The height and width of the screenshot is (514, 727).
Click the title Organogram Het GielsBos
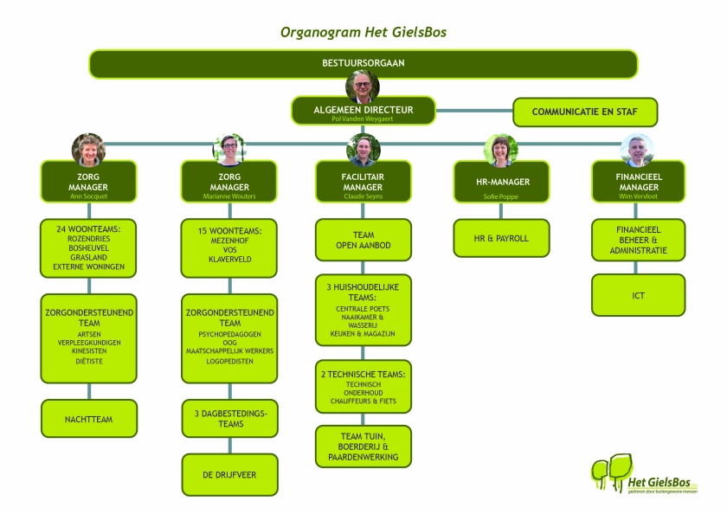click(363, 32)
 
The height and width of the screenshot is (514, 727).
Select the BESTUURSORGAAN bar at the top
click(363, 63)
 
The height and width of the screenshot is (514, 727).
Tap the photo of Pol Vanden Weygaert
click(363, 87)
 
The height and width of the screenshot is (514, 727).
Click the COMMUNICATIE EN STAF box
click(585, 112)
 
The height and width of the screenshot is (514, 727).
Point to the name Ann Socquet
click(88, 196)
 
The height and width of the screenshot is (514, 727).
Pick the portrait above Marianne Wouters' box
click(229, 149)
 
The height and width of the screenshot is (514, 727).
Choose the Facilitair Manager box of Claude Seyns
click(363, 183)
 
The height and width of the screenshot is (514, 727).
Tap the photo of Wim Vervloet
click(637, 150)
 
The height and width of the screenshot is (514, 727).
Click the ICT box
click(638, 295)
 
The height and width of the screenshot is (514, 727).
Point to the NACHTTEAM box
click(88, 419)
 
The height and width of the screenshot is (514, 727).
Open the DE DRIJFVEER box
click(229, 474)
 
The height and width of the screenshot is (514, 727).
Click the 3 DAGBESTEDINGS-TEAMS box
click(229, 419)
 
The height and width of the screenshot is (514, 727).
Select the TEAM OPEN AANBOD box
click(363, 240)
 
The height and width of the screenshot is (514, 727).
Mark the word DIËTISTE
click(88, 362)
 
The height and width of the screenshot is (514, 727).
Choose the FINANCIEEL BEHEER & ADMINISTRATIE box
click(638, 240)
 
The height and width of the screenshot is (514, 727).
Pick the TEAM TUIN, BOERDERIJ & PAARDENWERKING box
click(363, 446)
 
